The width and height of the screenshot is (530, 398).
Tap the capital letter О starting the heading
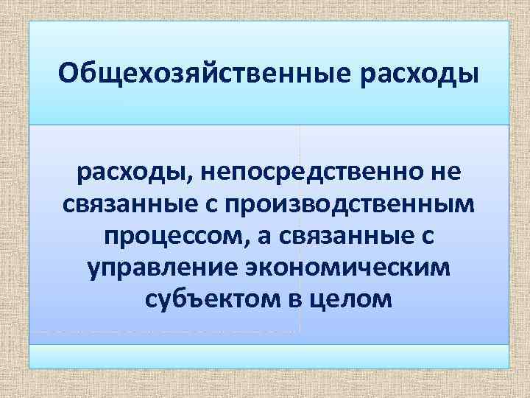click(x=70, y=74)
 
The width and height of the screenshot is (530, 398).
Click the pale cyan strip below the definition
click(x=269, y=357)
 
